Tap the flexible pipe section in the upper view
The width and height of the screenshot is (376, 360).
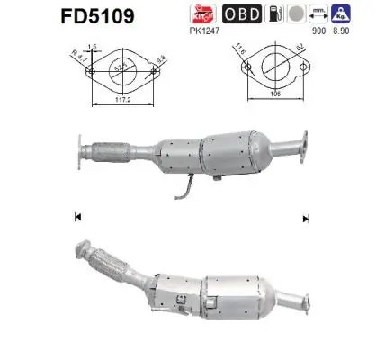pos(107,148)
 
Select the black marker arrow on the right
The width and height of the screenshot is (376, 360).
pos(306,217)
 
